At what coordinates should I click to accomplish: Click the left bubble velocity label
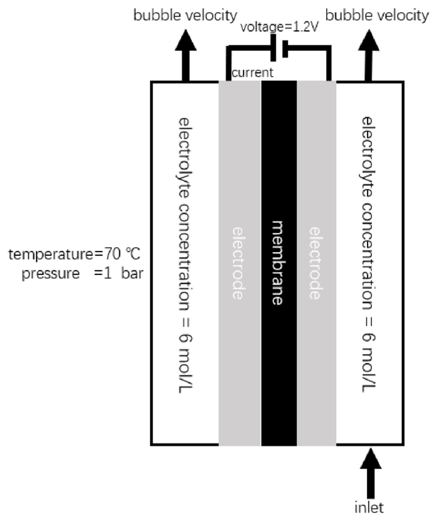point(185,16)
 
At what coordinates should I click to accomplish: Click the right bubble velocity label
point(377,16)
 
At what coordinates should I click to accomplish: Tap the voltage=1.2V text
point(279,27)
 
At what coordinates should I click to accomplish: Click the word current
point(253,73)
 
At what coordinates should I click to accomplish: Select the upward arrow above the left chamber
point(186,55)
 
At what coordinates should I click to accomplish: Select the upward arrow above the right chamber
point(369,55)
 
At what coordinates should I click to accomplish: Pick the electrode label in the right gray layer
point(315,263)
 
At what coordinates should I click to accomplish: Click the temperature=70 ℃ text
point(74,255)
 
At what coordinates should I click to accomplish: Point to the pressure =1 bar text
point(82,273)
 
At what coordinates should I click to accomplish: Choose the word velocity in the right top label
point(401,16)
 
